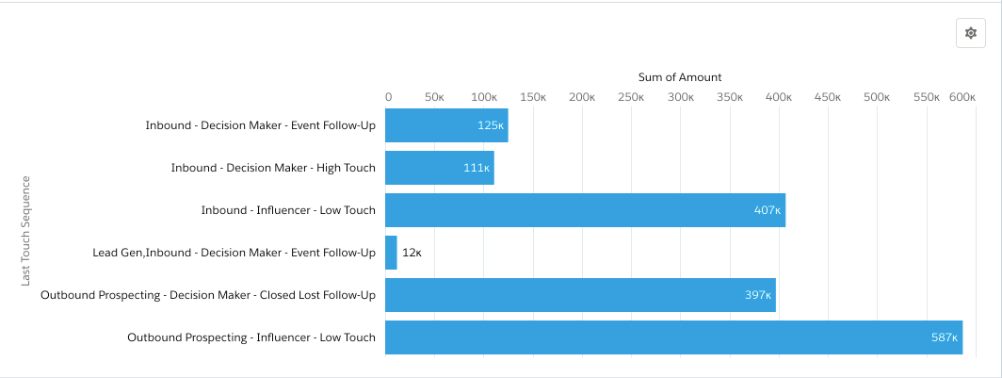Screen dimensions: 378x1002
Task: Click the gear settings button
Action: pos(971,33)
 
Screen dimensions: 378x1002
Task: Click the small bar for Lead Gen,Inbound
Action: pos(391,253)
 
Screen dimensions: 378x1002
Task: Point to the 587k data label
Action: pos(945,337)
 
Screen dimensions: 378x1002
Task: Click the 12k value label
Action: pos(412,253)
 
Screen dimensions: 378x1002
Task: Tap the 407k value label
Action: pos(768,210)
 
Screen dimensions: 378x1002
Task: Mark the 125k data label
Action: pos(491,125)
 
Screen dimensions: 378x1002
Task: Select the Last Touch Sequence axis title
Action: pos(26,230)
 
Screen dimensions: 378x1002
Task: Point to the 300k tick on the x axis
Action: pos(681,97)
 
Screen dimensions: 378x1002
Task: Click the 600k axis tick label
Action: pos(962,97)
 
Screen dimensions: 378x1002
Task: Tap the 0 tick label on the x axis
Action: pos(388,97)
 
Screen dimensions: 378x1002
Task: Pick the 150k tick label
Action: pos(533,97)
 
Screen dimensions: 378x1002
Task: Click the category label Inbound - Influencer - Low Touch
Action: pos(288,210)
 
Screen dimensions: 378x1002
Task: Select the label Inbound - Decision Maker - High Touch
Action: pos(273,168)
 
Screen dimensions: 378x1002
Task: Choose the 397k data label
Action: pos(758,295)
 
